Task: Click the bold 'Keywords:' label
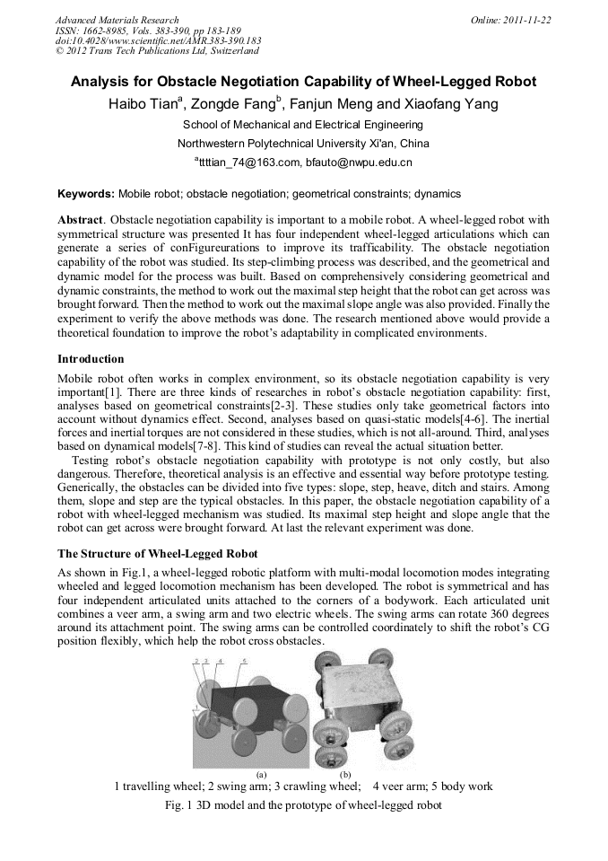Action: point(86,193)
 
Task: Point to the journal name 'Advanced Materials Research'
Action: point(117,20)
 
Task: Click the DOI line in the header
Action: point(158,40)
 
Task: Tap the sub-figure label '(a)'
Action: point(261,773)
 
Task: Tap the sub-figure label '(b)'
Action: point(345,773)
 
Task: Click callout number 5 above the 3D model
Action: point(245,660)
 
